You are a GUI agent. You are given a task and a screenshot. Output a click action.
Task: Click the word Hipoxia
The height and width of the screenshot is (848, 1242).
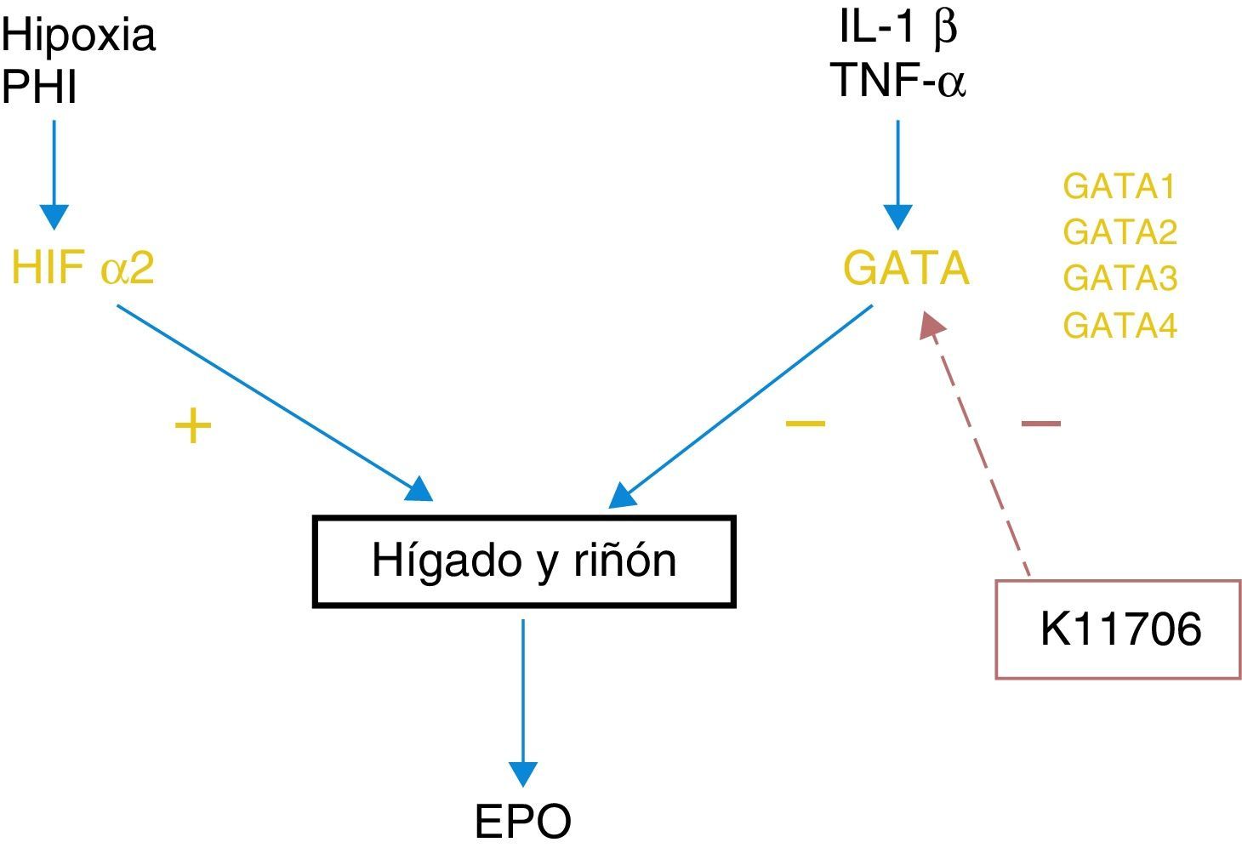(78, 36)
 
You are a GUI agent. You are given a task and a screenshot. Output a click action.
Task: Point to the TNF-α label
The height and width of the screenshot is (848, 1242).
(900, 81)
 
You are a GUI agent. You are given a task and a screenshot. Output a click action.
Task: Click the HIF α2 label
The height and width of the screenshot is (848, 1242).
(83, 269)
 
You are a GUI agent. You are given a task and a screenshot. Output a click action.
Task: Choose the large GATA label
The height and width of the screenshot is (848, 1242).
(906, 269)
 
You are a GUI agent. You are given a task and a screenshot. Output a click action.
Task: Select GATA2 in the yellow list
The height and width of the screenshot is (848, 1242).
(1120, 232)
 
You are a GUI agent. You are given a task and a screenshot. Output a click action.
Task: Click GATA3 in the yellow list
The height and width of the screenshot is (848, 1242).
(1120, 278)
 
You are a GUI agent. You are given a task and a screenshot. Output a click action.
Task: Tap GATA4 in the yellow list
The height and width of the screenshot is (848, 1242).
(1120, 325)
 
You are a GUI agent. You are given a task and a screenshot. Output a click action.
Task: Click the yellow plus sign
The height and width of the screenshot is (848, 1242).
(193, 425)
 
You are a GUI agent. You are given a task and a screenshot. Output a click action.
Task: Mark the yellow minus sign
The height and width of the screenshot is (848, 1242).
(805, 423)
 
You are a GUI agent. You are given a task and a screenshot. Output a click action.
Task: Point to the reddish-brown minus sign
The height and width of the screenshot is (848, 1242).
(1040, 423)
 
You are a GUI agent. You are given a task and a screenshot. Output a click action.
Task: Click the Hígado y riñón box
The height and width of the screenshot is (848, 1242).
(524, 561)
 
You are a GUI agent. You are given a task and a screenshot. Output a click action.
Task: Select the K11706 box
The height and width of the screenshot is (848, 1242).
(1118, 629)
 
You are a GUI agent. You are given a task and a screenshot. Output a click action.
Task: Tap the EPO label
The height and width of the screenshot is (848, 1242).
(522, 822)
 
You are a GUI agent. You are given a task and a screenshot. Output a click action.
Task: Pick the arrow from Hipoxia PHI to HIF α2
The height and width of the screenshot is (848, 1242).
(54, 174)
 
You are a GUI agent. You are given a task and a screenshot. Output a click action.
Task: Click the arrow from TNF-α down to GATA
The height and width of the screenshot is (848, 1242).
(897, 174)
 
